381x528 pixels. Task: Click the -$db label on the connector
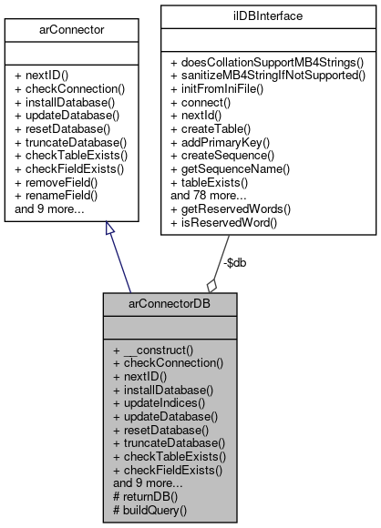235,262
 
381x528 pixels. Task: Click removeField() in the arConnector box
56,182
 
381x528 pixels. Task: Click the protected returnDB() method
150,498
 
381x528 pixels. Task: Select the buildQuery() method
155,512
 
